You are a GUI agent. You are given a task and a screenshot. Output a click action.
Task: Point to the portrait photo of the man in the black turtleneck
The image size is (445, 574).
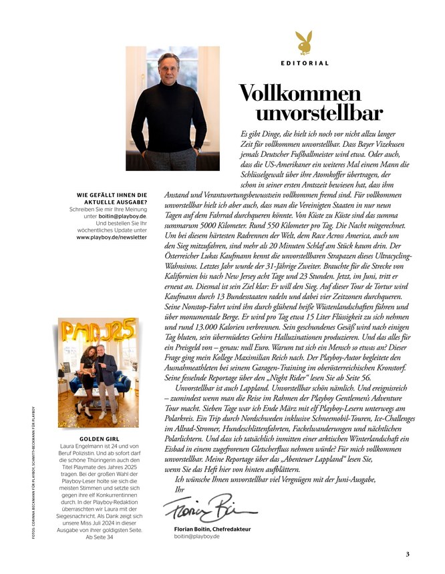tap(173, 109)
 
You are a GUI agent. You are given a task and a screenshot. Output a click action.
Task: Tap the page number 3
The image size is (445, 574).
tap(407, 553)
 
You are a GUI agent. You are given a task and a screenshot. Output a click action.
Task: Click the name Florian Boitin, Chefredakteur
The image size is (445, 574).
tap(207, 529)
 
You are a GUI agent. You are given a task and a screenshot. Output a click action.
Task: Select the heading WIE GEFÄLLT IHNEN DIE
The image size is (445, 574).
tap(112, 195)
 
